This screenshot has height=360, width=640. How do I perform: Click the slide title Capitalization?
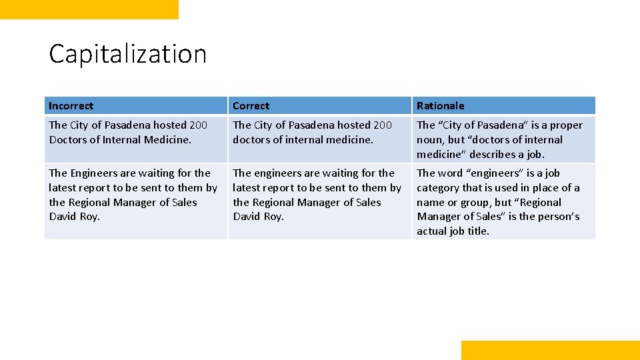127,54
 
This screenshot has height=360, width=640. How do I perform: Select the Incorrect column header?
71,106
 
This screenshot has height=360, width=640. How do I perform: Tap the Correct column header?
251,106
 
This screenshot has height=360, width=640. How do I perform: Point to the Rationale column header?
441,106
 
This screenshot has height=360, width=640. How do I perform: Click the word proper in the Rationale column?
567,125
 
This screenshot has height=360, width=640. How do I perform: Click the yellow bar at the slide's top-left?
89,9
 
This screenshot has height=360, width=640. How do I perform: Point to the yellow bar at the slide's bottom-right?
550,350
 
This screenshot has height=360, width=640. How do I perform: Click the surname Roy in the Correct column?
275,217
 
